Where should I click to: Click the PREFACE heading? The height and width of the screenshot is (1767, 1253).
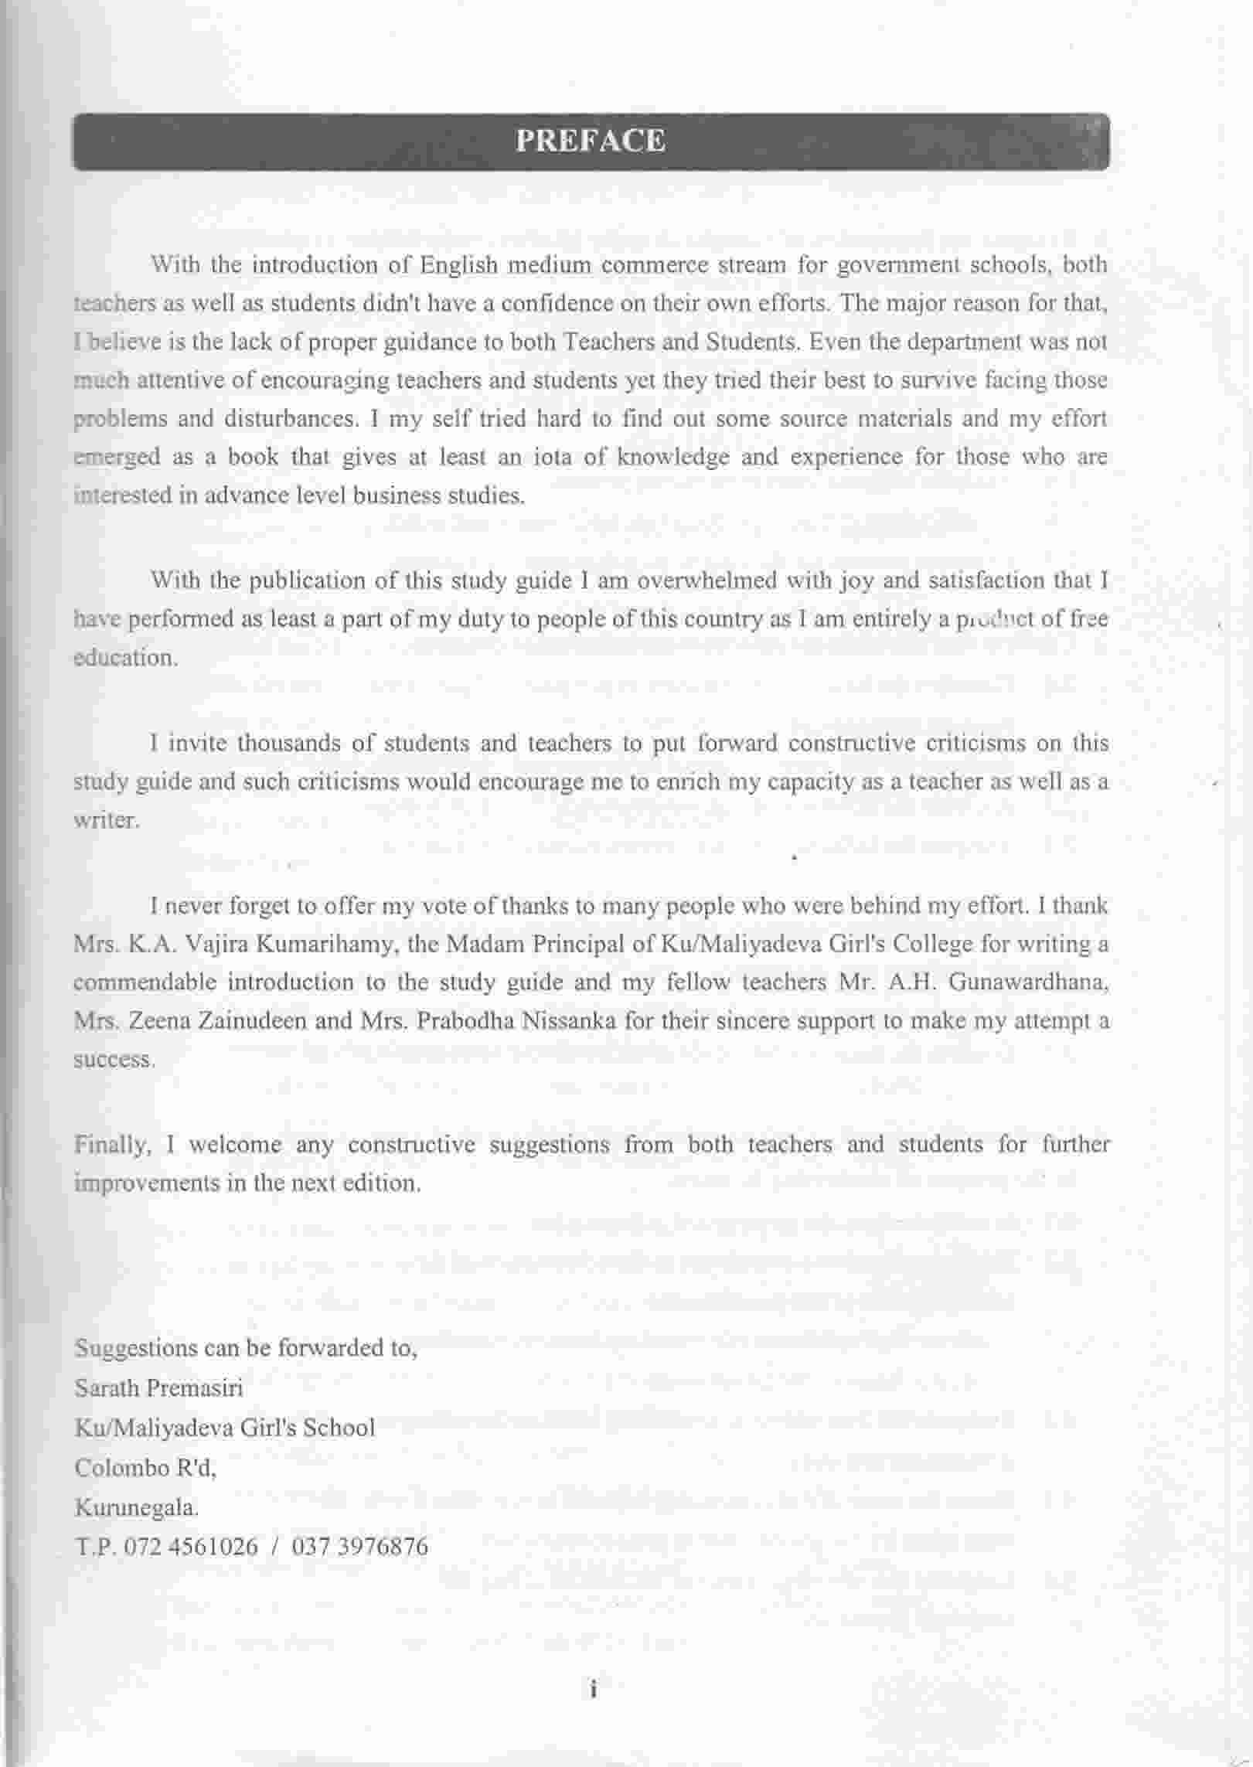tap(591, 141)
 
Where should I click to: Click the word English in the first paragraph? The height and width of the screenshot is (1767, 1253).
tap(458, 265)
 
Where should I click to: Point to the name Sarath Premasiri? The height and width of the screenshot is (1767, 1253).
tap(158, 1387)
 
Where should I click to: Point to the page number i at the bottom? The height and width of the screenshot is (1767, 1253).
tap(593, 1689)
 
